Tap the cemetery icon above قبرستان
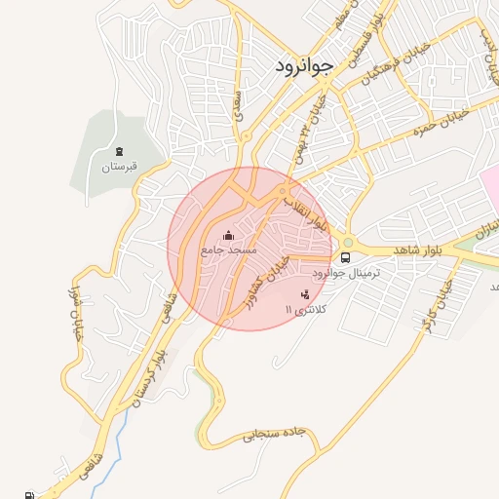[120, 151]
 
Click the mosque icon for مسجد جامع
[229, 235]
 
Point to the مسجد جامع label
[229, 250]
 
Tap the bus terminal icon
[346, 257]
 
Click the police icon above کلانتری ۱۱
[305, 293]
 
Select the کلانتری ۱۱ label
[305, 308]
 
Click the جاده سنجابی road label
[283, 436]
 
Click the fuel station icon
[29, 494]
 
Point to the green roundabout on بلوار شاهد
[348, 242]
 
